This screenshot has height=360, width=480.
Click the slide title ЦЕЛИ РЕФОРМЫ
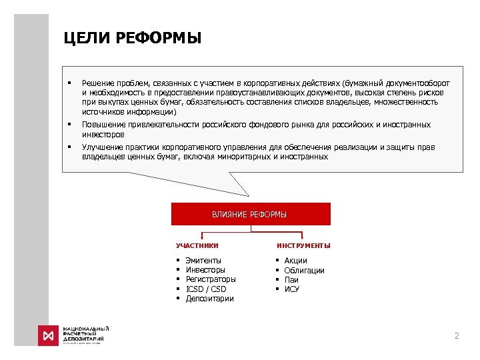pos(132,38)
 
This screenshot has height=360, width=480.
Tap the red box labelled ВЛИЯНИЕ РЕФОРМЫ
pos(250,214)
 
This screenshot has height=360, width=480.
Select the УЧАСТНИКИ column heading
pos(197,246)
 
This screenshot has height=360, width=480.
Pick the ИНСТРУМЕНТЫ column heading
pos(303,246)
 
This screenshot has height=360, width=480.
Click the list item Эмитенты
pos(203,260)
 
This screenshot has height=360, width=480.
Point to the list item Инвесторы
pos(205,270)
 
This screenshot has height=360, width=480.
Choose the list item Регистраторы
pos(211,279)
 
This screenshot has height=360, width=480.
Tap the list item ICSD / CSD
pos(206,289)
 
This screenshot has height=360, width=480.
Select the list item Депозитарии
pos(209,299)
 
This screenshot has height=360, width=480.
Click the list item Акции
pos(295,260)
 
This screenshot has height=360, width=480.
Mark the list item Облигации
pos(304,270)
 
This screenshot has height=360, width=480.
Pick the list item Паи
pos(291,279)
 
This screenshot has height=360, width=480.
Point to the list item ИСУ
pos(291,289)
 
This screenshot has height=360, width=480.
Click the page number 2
pos(457,336)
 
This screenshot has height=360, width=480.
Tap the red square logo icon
pos(49,335)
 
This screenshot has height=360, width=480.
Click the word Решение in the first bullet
pos(96,73)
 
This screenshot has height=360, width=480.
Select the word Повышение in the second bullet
pos(101,125)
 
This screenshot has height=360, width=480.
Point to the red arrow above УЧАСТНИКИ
pos(202,236)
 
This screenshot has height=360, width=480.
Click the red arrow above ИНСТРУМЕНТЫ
pos(303,236)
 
